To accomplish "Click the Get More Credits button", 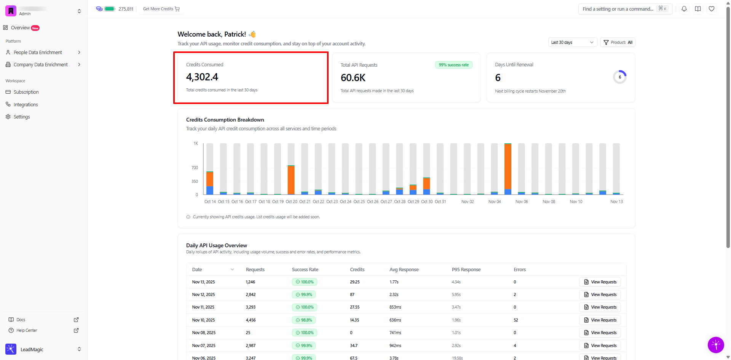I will (161, 9).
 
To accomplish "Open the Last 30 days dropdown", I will (572, 42).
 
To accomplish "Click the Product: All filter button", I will (618, 42).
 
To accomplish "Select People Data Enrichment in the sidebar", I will (38, 53).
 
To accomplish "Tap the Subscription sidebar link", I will (26, 92).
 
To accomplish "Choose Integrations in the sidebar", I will (26, 105).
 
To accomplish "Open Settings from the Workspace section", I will (22, 117).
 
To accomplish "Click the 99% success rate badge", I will (453, 65).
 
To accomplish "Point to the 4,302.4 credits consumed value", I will (202, 77).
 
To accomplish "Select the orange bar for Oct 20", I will (291, 180).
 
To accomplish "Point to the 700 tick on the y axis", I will (195, 168).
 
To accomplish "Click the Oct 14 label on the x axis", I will (210, 202).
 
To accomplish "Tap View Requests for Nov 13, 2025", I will (600, 282).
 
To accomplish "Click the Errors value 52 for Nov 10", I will (516, 320).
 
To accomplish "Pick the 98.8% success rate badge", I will (304, 320).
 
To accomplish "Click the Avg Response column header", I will (404, 270).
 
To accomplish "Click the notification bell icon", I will (684, 9).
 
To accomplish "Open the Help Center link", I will (27, 330).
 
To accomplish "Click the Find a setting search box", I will (618, 9).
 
